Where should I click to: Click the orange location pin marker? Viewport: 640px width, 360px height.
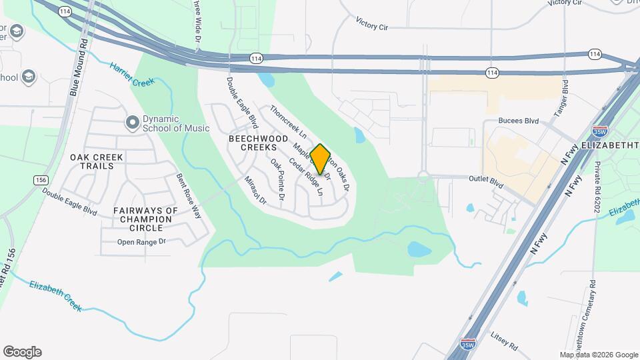pyautogui.click(x=320, y=159)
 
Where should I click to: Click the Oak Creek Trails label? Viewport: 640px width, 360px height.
pyautogui.click(x=97, y=161)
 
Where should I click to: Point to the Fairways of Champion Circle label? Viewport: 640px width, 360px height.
pyautogui.click(x=145, y=219)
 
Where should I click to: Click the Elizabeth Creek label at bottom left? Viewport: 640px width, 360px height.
pyautogui.click(x=55, y=296)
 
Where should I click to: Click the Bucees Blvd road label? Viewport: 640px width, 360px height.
pyautogui.click(x=518, y=121)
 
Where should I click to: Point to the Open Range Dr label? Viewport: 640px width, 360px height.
pyautogui.click(x=141, y=242)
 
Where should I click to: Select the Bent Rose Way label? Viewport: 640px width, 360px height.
pyautogui.click(x=187, y=196)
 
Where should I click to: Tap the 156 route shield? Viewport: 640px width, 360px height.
pyautogui.click(x=41, y=179)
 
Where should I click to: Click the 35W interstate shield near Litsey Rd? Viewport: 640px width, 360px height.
pyautogui.click(x=469, y=344)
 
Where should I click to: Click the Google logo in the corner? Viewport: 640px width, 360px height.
pyautogui.click(x=22, y=352)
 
